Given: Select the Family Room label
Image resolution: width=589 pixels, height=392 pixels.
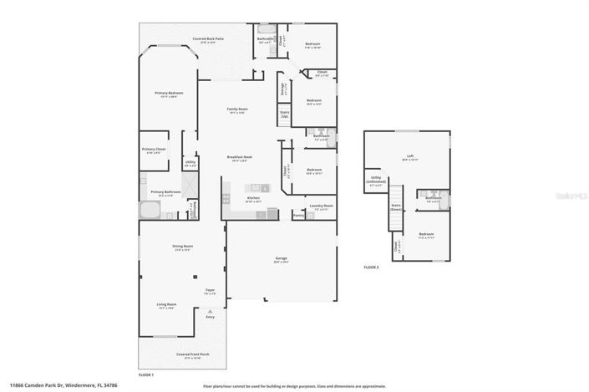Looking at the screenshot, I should [x=237, y=109].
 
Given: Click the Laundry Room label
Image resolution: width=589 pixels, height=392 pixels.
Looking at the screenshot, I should [x=321, y=206].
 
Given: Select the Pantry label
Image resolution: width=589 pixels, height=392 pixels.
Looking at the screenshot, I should [x=298, y=215].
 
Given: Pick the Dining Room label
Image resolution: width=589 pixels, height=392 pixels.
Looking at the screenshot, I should [x=183, y=247].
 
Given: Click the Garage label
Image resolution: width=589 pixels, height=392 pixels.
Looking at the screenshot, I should [x=281, y=258].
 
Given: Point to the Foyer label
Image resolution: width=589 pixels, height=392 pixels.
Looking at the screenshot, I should [x=211, y=290].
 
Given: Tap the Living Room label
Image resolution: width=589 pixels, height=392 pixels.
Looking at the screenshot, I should [x=165, y=304].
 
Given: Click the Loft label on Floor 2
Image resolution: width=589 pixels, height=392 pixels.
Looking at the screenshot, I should [x=409, y=156].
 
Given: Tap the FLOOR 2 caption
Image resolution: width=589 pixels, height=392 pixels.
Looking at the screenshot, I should [x=371, y=267].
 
